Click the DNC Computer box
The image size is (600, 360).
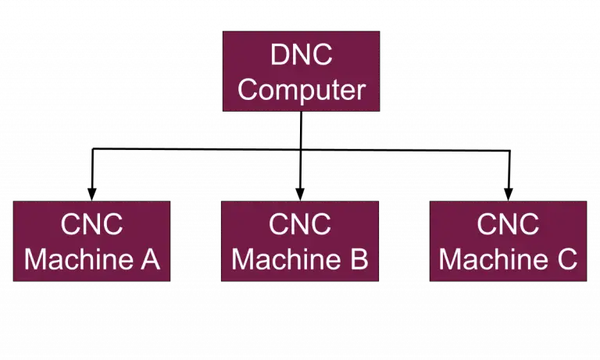(x=301, y=71)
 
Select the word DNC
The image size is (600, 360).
(x=301, y=55)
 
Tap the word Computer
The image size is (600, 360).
(x=301, y=90)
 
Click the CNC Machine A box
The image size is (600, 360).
(x=91, y=241)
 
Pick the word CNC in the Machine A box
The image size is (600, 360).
(x=91, y=225)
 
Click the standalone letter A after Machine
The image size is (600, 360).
(x=150, y=259)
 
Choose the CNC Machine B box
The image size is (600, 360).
(x=300, y=241)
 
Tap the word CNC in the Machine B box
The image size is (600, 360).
(x=300, y=225)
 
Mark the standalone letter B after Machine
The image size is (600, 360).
(x=359, y=259)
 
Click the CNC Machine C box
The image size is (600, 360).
(x=508, y=241)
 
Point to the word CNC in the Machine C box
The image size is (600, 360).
(x=508, y=225)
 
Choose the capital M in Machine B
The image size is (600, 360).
(x=245, y=259)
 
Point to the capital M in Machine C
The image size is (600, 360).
(x=452, y=259)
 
